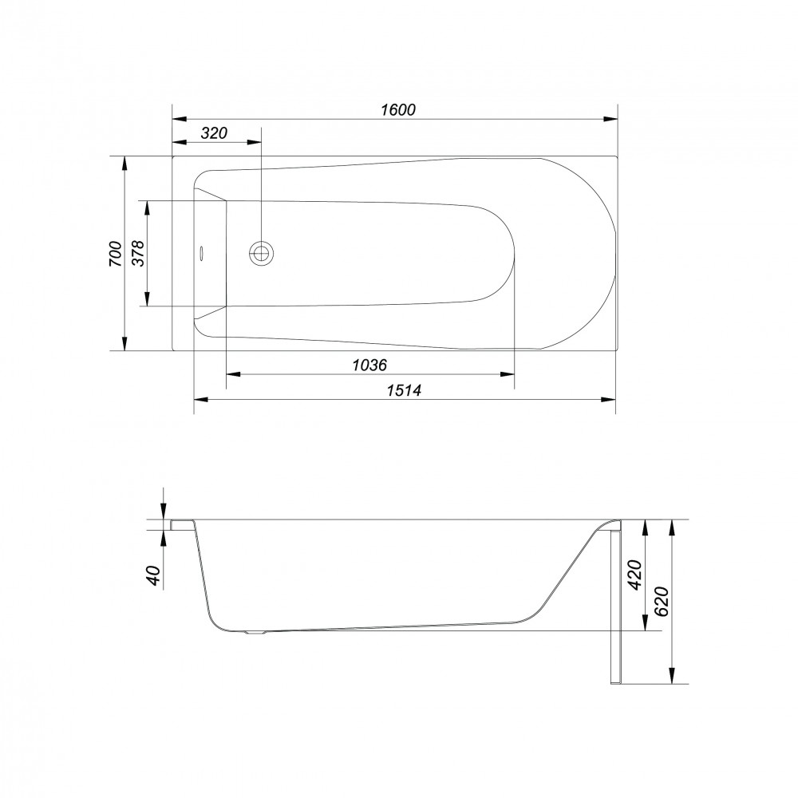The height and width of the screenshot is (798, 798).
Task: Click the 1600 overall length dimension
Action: pos(398,109)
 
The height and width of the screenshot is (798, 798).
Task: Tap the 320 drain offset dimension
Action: pos(214,133)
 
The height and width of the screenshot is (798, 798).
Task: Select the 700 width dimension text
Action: pos(116,254)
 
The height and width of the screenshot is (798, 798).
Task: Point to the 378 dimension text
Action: pos(138,253)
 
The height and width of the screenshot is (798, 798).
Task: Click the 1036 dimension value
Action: pos(370,365)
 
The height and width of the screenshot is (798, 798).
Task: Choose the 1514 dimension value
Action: pos(404,390)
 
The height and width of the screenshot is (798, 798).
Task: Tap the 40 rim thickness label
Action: pos(154,575)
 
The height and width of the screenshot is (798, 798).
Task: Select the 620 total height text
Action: pos(661,602)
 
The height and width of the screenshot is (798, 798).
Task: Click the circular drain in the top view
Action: pos(262,252)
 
